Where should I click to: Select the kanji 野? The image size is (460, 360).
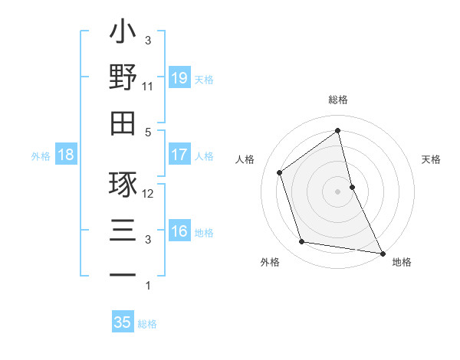pyautogui.click(x=123, y=78)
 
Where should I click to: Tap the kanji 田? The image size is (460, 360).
pyautogui.click(x=123, y=123)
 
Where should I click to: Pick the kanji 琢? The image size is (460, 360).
pyautogui.click(x=123, y=185)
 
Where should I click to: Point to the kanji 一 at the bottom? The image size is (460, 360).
pyautogui.click(x=123, y=275)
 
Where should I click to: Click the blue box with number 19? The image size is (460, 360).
pyautogui.click(x=179, y=77)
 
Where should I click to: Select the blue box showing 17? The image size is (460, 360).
pyautogui.click(x=179, y=155)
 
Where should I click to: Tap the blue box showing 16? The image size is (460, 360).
pyautogui.click(x=179, y=231)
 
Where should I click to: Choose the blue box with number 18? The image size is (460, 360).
pyautogui.click(x=66, y=155)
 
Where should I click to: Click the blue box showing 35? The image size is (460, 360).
pyautogui.click(x=123, y=322)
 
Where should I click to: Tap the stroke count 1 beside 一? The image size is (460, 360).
pyautogui.click(x=147, y=286)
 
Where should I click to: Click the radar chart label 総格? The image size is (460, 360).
pyautogui.click(x=338, y=100)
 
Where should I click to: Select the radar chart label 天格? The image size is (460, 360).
pyautogui.click(x=431, y=159)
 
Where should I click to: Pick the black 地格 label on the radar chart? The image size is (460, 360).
pyautogui.click(x=402, y=262)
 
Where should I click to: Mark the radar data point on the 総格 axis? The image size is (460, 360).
pyautogui.click(x=338, y=130)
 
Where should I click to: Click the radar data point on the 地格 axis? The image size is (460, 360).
pyautogui.click(x=382, y=252)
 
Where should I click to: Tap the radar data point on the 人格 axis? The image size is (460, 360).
pyautogui.click(x=280, y=172)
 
